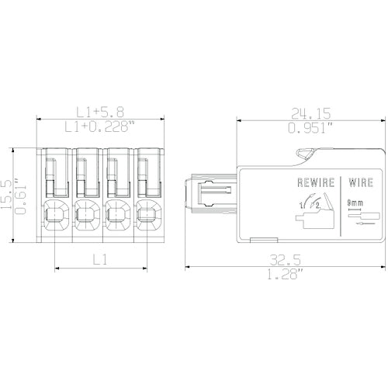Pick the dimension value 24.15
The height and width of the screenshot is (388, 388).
pyautogui.click(x=308, y=113)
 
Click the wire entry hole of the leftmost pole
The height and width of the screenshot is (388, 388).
pyautogui.click(x=54, y=212)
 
